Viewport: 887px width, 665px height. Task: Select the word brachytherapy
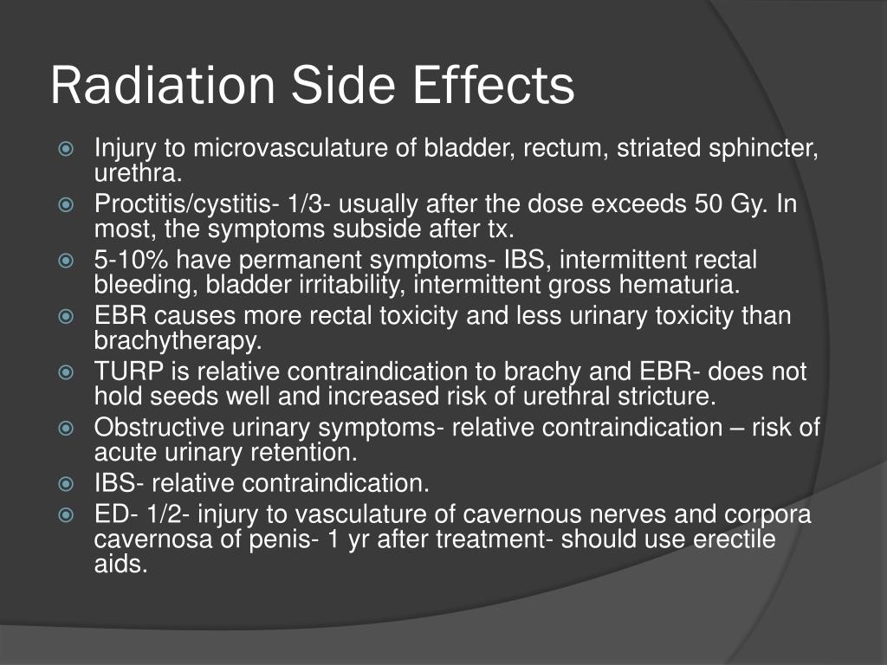177,340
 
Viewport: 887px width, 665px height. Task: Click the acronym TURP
124,372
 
